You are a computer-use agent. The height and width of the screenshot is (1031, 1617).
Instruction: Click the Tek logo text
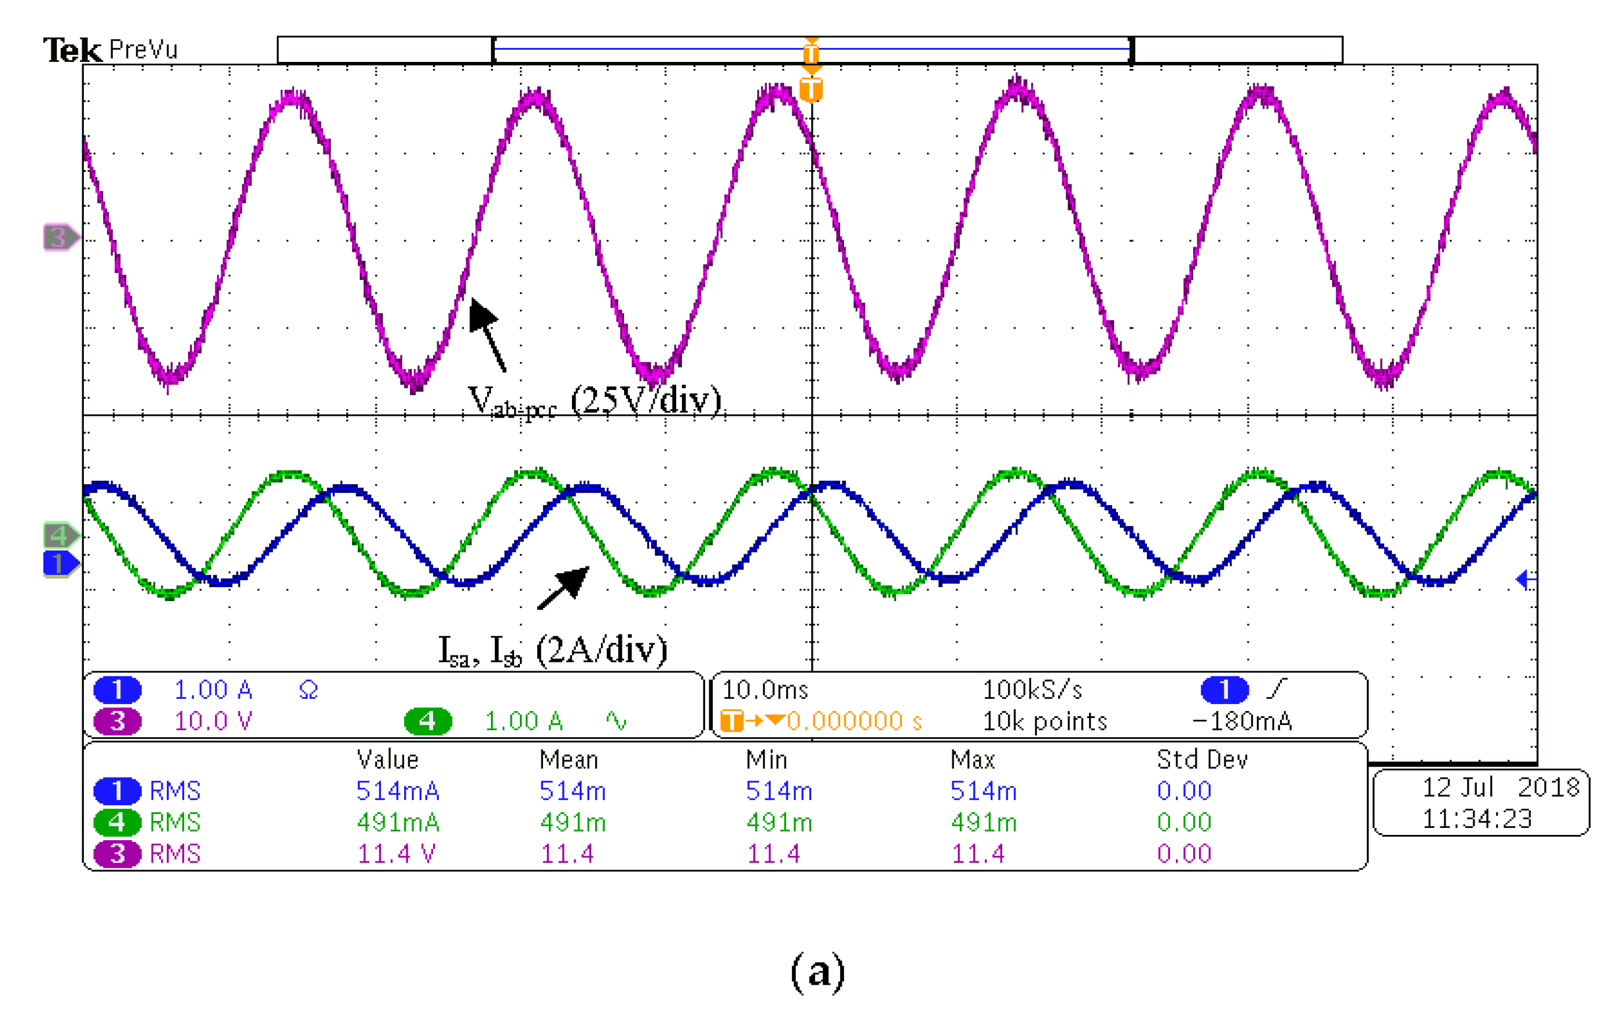click(72, 50)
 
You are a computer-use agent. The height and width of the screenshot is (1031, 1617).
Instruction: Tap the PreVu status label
click(143, 50)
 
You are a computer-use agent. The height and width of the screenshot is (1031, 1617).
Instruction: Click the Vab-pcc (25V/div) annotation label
click(594, 402)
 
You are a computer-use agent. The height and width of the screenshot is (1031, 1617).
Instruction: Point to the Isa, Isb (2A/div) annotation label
click(553, 650)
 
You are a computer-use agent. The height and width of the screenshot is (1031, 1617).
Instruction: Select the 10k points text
click(1045, 721)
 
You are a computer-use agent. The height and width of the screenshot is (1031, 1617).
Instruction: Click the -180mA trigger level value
click(1242, 721)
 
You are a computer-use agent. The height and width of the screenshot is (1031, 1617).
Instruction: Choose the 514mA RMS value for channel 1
click(398, 791)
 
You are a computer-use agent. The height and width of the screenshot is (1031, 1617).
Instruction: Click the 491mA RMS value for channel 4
click(398, 822)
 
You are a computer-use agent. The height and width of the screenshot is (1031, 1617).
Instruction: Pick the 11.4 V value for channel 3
click(396, 854)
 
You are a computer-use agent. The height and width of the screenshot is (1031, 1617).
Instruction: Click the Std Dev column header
click(1202, 760)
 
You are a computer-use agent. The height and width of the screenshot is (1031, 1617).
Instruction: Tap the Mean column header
click(568, 760)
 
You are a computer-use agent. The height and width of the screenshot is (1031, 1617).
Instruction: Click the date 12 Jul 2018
click(1501, 787)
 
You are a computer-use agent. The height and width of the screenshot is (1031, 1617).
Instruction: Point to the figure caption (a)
click(817, 971)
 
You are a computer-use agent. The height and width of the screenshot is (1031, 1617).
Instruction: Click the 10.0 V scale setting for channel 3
click(213, 721)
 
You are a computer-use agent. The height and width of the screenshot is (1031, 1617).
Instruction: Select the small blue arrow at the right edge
click(1526, 579)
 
